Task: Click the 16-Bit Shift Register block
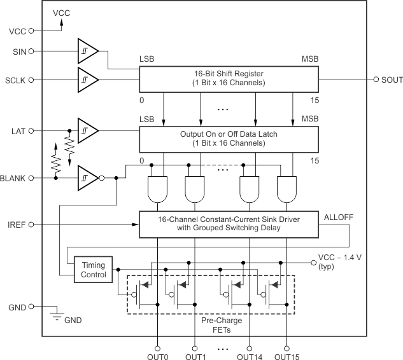point(229,78)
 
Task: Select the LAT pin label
point(17,130)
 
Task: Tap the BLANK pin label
point(13,178)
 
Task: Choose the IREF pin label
point(15,225)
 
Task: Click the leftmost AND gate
point(157,188)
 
